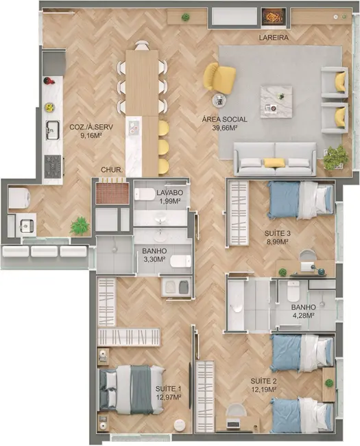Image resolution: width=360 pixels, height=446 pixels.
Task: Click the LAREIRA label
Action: point(274,38)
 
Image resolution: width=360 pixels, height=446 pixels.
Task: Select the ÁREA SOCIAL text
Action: point(224,119)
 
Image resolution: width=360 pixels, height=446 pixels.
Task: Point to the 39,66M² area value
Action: point(224,128)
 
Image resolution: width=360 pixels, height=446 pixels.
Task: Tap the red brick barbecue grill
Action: point(112,192)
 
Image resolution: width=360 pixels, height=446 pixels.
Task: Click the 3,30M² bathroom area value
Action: point(155,260)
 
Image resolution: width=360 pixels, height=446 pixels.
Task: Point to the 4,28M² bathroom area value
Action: point(302,316)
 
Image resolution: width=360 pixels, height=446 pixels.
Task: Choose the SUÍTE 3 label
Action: point(278,233)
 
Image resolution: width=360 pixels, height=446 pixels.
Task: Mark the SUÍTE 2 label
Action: point(263,381)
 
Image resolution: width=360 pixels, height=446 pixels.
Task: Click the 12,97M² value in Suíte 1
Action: point(168,397)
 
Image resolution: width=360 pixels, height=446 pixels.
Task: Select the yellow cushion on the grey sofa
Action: point(274,163)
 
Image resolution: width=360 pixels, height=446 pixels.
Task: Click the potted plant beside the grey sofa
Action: point(335,158)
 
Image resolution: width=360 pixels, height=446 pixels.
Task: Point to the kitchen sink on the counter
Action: point(52,129)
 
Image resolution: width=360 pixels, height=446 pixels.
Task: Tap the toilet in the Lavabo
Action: point(145,194)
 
